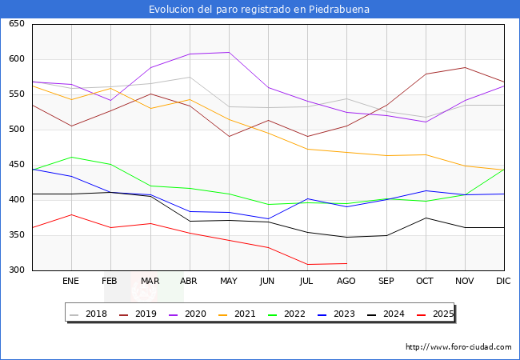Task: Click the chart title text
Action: pyautogui.click(x=259, y=10)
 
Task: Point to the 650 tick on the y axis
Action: pyautogui.click(x=16, y=24)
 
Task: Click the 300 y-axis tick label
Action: pyautogui.click(x=16, y=270)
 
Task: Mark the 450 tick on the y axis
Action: pyautogui.click(x=16, y=165)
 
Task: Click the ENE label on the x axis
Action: pyautogui.click(x=71, y=282)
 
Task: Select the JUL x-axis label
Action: pyautogui.click(x=307, y=282)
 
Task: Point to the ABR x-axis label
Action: pyautogui.click(x=189, y=282)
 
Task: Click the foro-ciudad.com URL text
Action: pyautogui.click(x=458, y=347)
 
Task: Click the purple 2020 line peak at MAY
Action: pyautogui.click(x=229, y=53)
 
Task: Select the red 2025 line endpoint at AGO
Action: pyautogui.click(x=346, y=263)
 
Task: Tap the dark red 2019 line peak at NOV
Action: pyautogui.click(x=465, y=67)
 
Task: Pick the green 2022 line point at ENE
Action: pyautogui.click(x=71, y=157)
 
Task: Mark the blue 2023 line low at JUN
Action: pyautogui.click(x=268, y=218)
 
